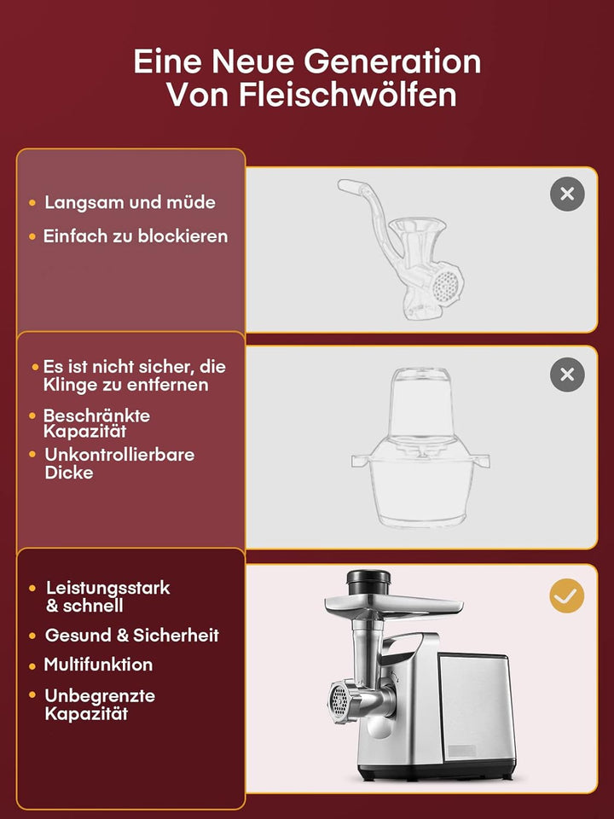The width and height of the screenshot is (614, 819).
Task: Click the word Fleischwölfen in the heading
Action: tap(348, 95)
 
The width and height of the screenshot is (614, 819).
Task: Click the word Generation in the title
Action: tap(392, 61)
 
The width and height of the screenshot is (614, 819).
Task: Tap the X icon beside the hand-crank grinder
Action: tap(567, 195)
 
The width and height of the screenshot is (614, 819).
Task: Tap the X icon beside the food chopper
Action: tap(567, 375)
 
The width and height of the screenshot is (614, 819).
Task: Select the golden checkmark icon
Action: tap(567, 595)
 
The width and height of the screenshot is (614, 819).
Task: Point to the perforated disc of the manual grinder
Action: tap(446, 286)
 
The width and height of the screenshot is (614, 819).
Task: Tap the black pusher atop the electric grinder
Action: tap(368, 583)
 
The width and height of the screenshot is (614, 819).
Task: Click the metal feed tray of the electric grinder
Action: tap(394, 606)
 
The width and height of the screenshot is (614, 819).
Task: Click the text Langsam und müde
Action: tap(130, 202)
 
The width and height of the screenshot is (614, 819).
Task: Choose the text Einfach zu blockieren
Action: tap(136, 236)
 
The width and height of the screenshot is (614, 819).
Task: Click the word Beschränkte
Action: tap(96, 415)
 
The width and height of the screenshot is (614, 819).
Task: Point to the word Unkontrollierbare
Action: tap(119, 455)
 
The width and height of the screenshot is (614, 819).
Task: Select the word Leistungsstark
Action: tap(108, 588)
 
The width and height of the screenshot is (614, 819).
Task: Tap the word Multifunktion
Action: tap(98, 665)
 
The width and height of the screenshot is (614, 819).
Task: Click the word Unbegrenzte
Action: tap(100, 696)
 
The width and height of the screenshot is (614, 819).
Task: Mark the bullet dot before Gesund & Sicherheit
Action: tap(32, 636)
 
